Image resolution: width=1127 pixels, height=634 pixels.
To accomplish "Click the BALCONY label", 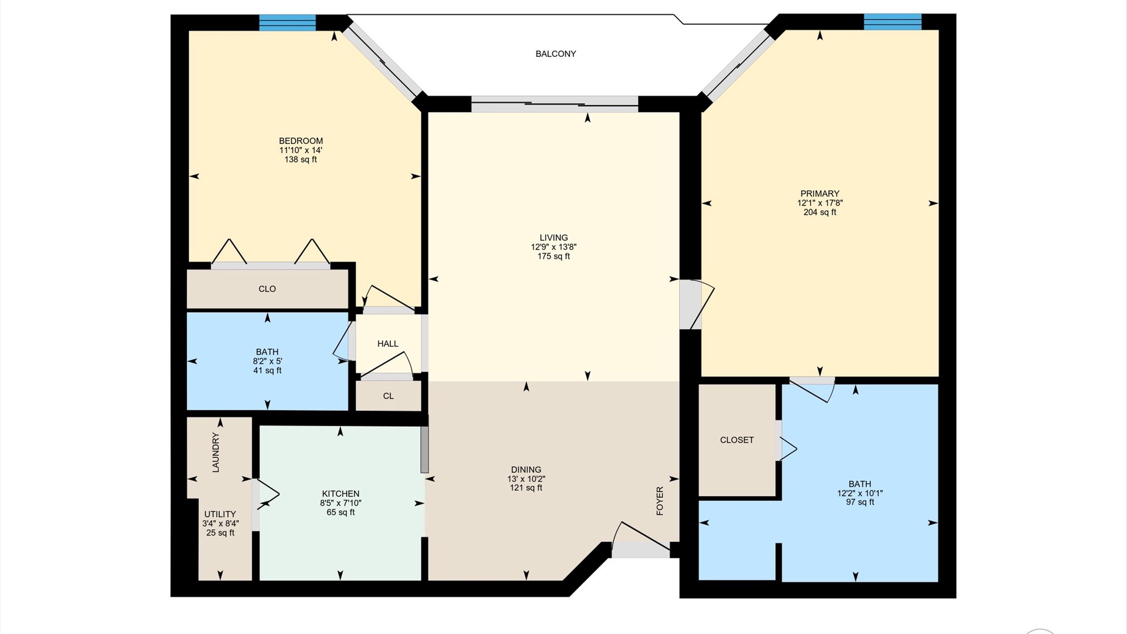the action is coord(555,54).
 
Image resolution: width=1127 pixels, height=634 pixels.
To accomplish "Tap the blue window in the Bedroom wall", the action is coord(288,22).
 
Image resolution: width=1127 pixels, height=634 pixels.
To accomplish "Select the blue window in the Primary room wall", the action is coord(892,22).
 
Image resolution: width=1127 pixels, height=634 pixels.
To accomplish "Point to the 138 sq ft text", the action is coord(301,160).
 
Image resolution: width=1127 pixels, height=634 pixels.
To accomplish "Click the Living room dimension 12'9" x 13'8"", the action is coord(554,247).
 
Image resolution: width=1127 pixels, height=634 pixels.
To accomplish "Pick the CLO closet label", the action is coord(267,289).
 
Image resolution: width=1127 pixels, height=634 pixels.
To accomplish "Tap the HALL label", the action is coord(387,344).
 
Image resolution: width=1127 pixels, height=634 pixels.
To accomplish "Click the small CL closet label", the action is coord(389,396).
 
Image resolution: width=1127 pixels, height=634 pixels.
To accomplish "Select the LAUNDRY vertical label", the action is coord(215,453).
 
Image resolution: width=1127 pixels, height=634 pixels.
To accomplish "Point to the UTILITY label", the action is coord(220,514).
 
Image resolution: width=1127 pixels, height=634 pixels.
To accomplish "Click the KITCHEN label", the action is coord(340,494).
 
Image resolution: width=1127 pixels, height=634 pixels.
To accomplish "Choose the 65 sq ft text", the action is coord(340,512).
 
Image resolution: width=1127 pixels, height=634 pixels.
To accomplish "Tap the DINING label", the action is coord(526,470).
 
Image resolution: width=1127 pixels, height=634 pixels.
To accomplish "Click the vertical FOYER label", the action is coord(660,501).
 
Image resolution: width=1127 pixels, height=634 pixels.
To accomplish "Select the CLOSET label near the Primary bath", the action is coord(737,440).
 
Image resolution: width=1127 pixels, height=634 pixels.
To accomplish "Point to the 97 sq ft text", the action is coord(860,503).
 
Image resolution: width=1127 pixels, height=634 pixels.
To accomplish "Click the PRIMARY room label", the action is coord(819,194).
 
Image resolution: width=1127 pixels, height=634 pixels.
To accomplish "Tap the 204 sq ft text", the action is coord(819,213).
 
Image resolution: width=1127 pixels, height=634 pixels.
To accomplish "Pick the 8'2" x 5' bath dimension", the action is coord(267,362).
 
